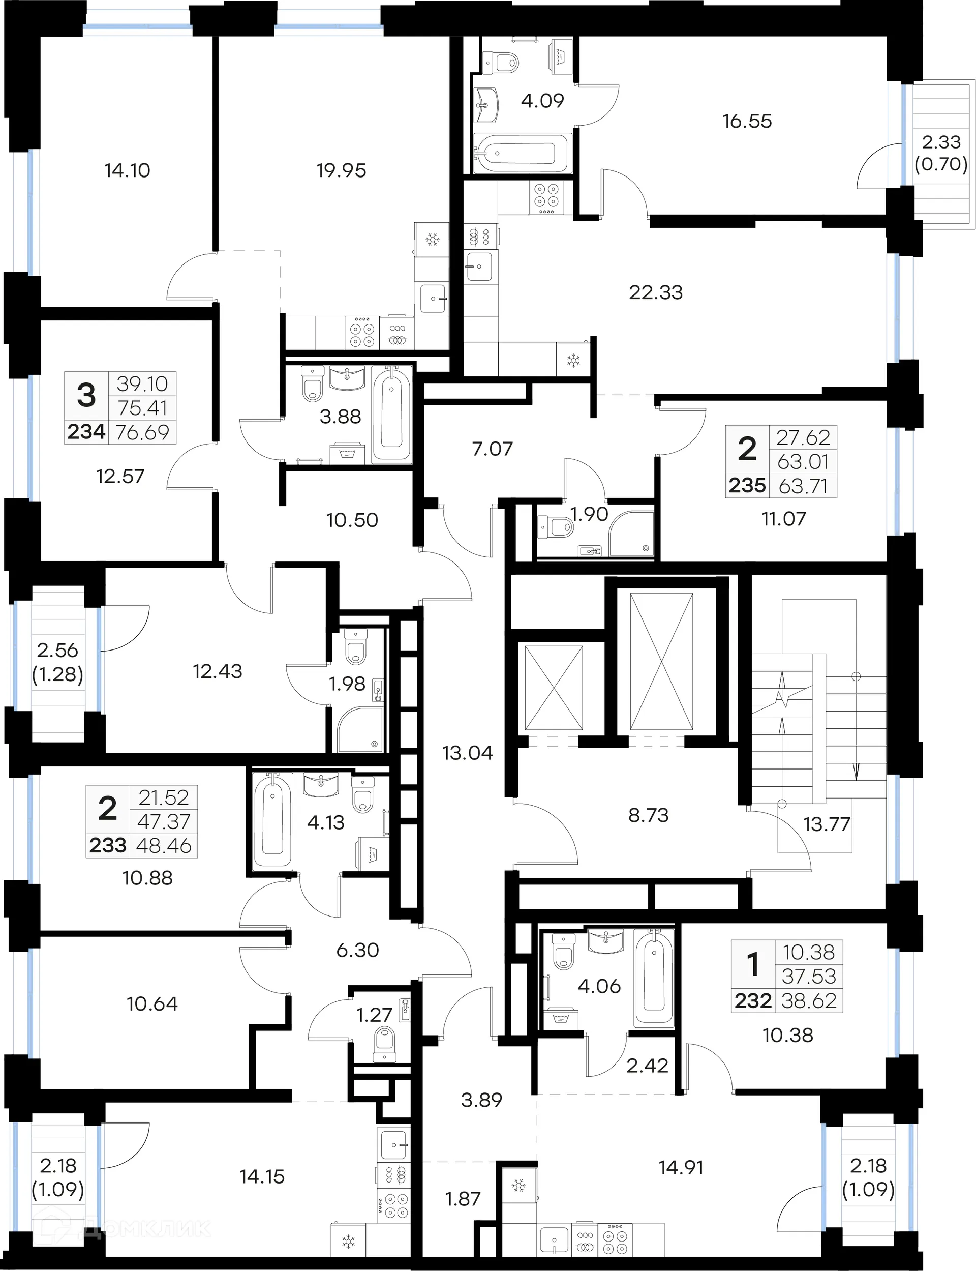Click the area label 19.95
341,170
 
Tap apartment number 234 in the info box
86,432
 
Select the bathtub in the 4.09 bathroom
521,154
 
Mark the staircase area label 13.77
826,823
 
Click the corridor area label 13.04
467,753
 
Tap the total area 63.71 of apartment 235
802,485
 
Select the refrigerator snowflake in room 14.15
348,1243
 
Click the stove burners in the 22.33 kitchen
546,195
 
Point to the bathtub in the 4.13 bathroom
272,820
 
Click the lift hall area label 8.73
648,815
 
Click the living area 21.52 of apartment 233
163,797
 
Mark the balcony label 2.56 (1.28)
57,662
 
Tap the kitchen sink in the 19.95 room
432,298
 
